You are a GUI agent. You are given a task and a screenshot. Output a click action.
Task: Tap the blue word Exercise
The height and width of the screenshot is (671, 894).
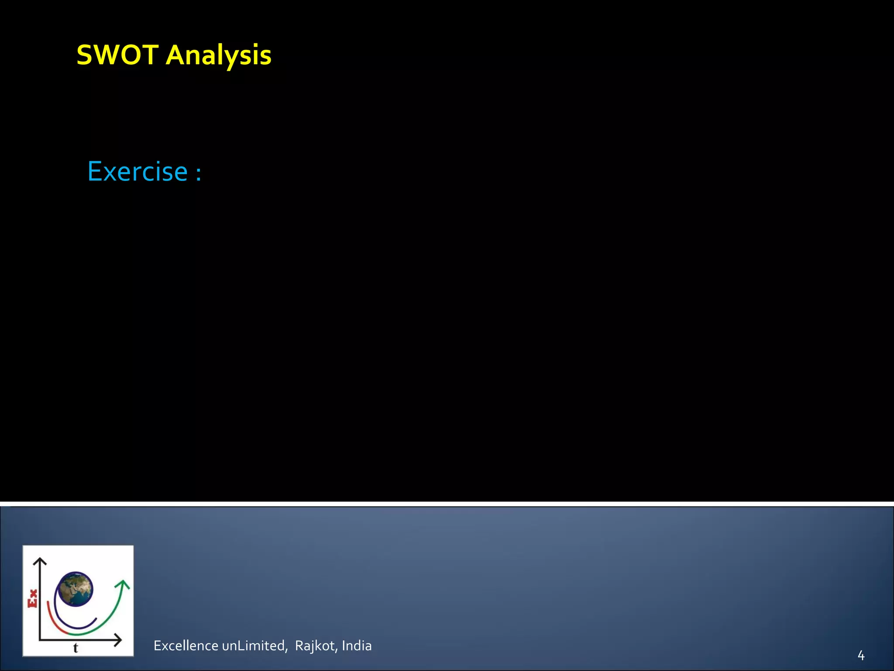tap(138, 171)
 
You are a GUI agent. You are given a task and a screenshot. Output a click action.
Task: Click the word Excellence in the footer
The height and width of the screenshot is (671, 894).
tap(186, 646)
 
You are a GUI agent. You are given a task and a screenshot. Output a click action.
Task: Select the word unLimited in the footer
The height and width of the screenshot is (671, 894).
tap(254, 646)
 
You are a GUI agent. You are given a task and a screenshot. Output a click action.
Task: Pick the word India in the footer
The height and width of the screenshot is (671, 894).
tap(357, 646)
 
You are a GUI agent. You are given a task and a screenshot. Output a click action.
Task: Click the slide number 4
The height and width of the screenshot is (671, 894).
tap(861, 655)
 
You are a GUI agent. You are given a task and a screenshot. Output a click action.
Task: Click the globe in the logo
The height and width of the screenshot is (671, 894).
tap(76, 589)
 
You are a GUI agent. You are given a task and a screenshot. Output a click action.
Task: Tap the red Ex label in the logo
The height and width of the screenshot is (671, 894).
tap(32, 598)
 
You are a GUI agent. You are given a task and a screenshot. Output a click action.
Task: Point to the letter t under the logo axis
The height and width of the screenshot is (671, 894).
tap(76, 648)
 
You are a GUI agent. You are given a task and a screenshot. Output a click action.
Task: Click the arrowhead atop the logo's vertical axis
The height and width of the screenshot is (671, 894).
tap(40, 561)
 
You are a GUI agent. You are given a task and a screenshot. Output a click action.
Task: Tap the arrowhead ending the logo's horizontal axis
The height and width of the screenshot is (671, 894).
tap(118, 640)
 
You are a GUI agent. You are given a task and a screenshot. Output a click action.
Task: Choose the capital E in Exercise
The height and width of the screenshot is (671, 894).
tap(95, 171)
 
